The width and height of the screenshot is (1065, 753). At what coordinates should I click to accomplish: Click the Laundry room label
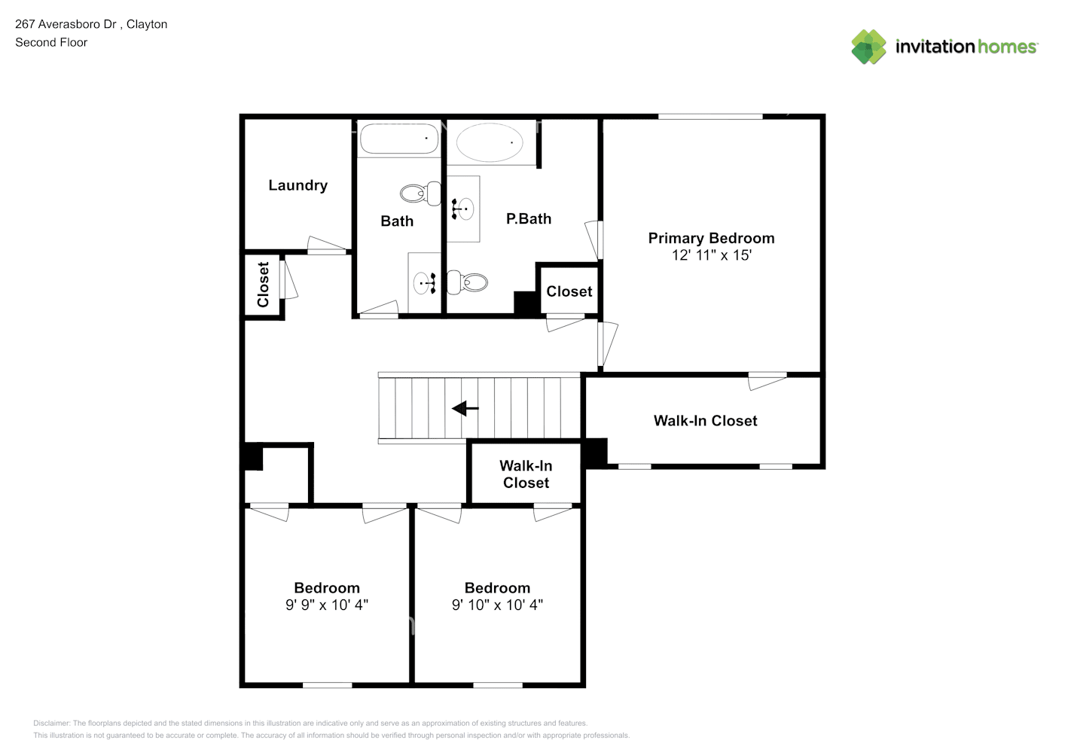[298, 185]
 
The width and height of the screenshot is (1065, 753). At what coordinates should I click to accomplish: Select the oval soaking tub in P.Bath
[490, 142]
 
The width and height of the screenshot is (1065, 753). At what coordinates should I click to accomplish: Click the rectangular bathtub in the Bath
[398, 139]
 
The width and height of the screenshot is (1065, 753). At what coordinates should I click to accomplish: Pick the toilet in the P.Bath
[468, 282]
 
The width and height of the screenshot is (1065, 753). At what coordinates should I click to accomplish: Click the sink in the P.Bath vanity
[464, 209]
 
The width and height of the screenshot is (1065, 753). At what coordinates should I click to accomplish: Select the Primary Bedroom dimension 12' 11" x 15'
[711, 255]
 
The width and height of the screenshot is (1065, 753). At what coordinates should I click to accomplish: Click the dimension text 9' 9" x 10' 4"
[327, 605]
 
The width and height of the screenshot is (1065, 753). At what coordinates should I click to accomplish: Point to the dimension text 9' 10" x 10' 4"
[497, 605]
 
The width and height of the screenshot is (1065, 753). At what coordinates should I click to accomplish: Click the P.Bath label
[529, 219]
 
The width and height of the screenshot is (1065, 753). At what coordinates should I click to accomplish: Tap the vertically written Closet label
[263, 285]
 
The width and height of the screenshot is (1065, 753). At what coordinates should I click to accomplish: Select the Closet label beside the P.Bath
[569, 291]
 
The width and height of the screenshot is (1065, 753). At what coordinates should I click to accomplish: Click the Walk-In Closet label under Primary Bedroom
[705, 421]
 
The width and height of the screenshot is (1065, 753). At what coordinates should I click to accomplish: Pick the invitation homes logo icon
[868, 47]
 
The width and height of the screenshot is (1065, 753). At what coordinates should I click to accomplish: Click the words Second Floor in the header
[51, 42]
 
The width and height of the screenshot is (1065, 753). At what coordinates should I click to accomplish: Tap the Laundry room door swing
[327, 245]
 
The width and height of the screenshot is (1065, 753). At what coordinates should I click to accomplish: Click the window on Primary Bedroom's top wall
[710, 116]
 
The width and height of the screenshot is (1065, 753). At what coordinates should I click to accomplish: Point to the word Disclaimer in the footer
[51, 723]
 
